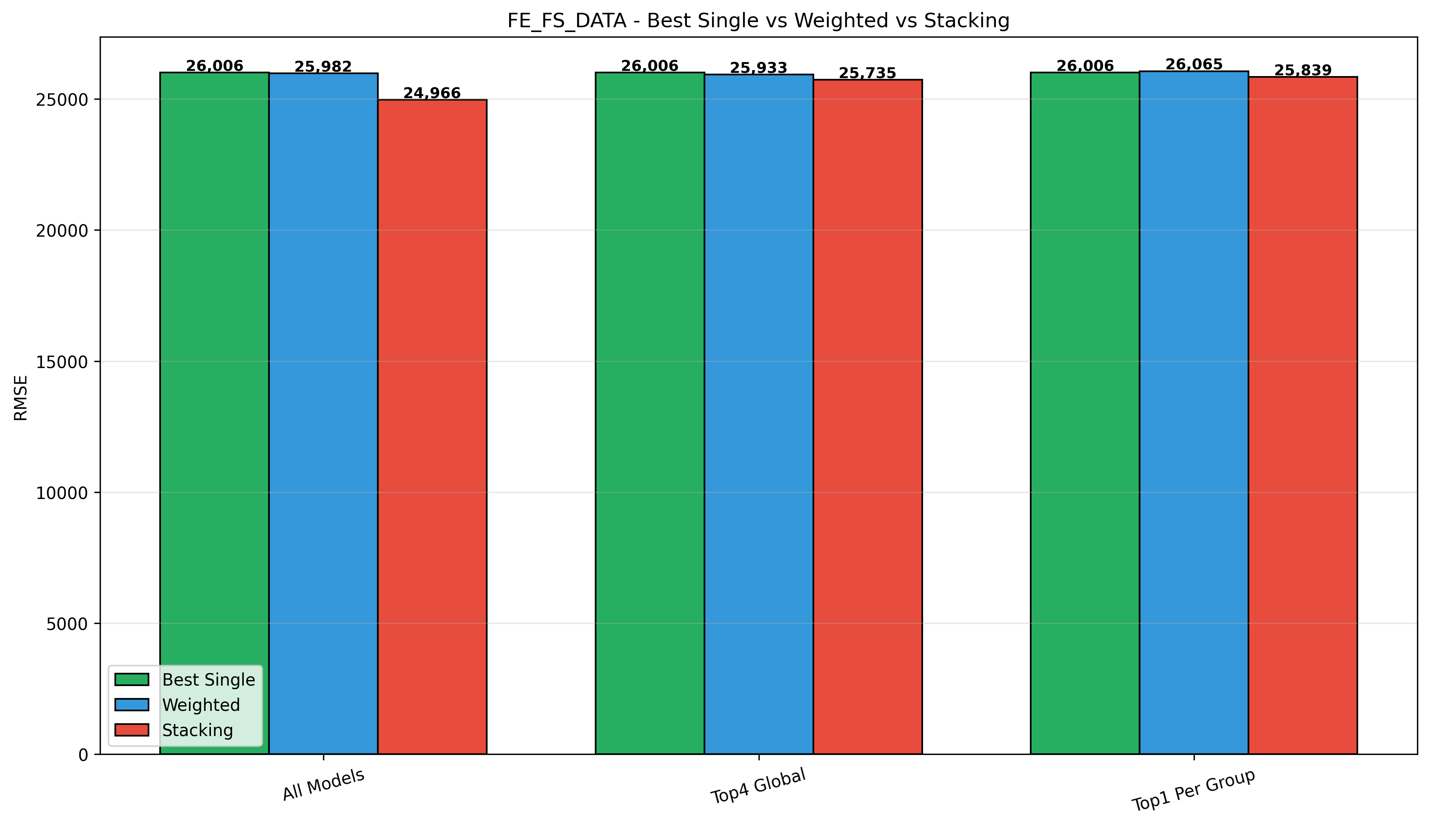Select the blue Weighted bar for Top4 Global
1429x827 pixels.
click(759, 414)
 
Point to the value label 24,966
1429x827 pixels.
click(432, 93)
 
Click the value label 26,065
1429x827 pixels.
click(1194, 64)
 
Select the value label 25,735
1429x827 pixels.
click(867, 73)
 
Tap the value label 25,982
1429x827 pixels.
click(323, 66)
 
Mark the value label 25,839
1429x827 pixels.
click(1303, 70)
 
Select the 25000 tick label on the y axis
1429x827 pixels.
click(62, 100)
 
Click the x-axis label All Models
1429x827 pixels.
click(323, 785)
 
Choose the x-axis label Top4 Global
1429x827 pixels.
click(758, 787)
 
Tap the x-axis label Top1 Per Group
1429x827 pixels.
click(1193, 791)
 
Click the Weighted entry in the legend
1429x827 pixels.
click(201, 705)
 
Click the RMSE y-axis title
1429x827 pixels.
click(20, 398)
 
